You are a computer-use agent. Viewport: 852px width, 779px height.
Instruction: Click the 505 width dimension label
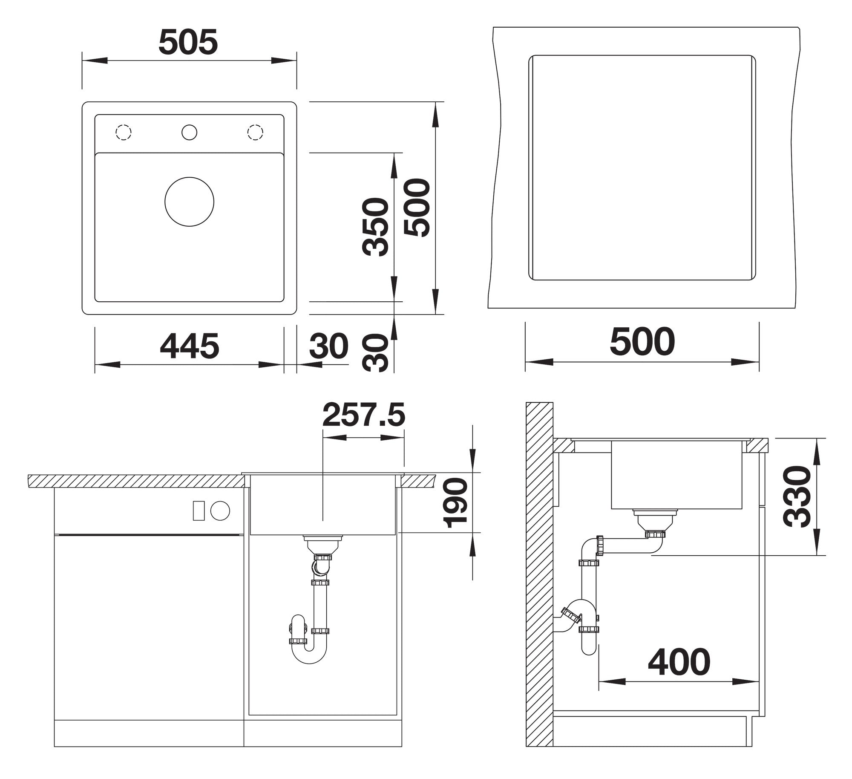(x=188, y=42)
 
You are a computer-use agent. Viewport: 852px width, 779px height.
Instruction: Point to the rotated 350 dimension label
(x=375, y=227)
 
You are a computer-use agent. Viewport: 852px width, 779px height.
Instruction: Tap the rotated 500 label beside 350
(x=417, y=208)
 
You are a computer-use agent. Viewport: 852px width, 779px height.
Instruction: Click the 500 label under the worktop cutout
(x=642, y=341)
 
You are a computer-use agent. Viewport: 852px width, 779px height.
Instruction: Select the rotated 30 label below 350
(x=375, y=353)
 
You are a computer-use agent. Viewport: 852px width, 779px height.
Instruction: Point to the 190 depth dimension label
(x=456, y=503)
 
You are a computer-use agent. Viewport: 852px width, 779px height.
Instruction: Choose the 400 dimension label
(x=679, y=662)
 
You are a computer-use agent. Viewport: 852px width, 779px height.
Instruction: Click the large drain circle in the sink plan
(x=189, y=202)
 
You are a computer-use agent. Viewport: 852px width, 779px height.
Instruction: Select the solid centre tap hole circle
(x=189, y=132)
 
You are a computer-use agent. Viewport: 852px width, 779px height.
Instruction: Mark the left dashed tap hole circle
(x=124, y=132)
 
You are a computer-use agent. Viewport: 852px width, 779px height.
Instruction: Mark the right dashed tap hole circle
(x=255, y=132)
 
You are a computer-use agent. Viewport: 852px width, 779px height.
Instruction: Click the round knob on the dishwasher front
(x=220, y=511)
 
